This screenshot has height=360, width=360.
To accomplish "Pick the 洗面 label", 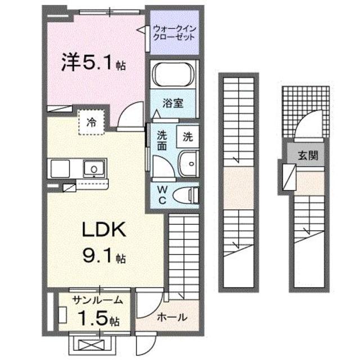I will tap(162, 141).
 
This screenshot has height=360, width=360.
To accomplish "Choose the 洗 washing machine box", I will tap(188, 136).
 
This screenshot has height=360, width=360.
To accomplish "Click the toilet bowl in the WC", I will tap(186, 195).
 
